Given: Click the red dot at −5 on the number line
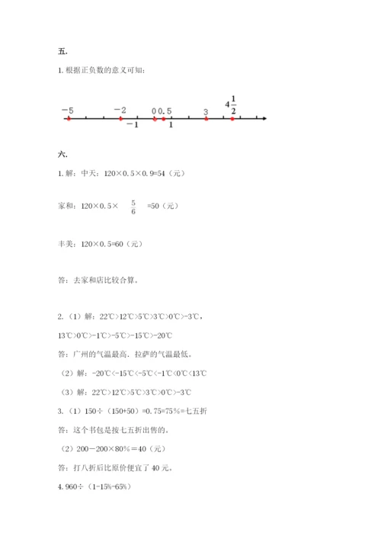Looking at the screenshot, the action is pos(69,119).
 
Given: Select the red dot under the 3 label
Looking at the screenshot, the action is pos(206,119).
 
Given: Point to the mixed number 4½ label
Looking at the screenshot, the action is pos(231,105).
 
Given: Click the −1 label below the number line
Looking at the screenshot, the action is pos(132,126).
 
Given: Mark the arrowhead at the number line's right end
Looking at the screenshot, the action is pos(263,119).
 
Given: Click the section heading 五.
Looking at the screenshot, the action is pos(63,52).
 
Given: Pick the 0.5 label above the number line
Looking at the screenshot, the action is pos(165,111).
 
